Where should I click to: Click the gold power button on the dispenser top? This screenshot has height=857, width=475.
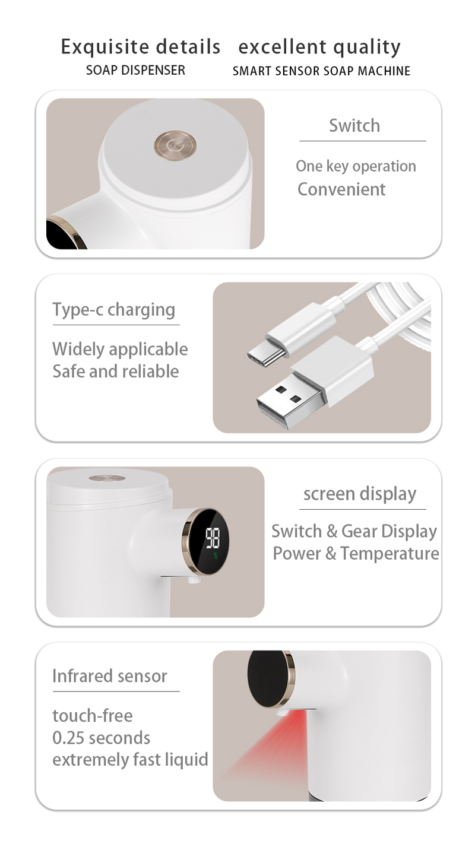tap(175, 146)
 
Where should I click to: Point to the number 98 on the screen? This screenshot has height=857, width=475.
tap(213, 538)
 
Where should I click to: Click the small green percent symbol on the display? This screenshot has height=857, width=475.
tap(216, 556)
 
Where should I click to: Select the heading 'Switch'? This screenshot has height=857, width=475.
tap(354, 125)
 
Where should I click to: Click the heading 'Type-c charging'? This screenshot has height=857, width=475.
tap(113, 310)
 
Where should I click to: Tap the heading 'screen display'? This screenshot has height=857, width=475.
tap(360, 494)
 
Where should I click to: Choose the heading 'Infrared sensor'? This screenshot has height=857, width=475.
tap(109, 675)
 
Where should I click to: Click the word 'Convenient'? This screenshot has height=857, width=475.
tap(341, 189)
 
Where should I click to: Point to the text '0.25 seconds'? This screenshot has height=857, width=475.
tap(101, 738)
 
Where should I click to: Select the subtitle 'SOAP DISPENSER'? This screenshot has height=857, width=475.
tap(135, 70)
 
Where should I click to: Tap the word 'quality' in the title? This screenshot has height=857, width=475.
tap(367, 47)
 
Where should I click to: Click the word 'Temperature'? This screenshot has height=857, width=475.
tap(389, 553)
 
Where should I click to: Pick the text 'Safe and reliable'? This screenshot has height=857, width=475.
tap(116, 371)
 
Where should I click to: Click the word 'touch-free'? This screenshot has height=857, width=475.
tap(93, 715)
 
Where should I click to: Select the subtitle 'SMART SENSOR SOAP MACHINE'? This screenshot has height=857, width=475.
tap(321, 71)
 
